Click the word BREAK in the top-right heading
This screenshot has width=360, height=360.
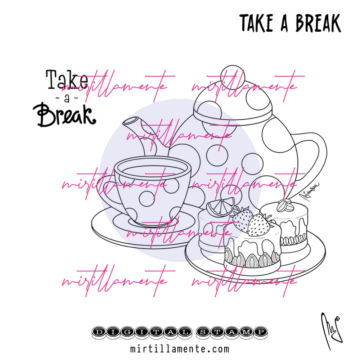[318, 23]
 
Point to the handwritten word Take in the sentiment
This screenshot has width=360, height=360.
[67, 80]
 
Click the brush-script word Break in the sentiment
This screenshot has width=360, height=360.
[66, 114]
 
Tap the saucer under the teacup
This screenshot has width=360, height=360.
[108, 230]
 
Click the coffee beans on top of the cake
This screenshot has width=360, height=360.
[285, 206]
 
